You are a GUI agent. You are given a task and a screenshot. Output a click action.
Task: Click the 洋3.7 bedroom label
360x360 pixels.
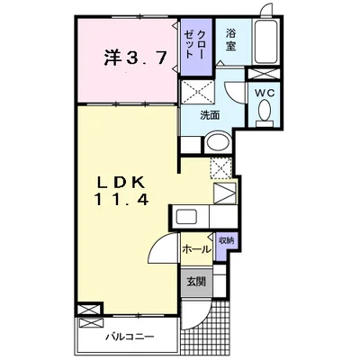click(x=136, y=58)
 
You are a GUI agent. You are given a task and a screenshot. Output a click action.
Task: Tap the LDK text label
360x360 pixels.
click(x=122, y=183)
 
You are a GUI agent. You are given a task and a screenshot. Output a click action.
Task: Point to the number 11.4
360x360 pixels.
click(x=121, y=200)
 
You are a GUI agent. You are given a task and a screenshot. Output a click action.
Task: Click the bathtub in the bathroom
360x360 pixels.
click(x=265, y=41)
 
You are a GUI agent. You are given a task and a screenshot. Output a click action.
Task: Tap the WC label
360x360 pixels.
click(x=265, y=94)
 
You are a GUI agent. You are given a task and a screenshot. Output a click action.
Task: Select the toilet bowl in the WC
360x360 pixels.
click(x=265, y=110)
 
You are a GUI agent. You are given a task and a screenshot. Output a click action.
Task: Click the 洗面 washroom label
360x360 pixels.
click(x=210, y=115)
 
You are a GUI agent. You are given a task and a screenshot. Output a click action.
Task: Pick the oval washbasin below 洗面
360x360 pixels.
click(x=219, y=142)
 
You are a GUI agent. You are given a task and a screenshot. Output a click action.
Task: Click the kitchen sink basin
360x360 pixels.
click(x=187, y=217)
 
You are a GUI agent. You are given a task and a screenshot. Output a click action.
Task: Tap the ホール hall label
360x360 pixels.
click(x=197, y=248)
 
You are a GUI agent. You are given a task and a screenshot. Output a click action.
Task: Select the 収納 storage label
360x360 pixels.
click(x=227, y=240)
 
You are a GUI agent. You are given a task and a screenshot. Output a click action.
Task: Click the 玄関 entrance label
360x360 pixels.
click(x=196, y=282)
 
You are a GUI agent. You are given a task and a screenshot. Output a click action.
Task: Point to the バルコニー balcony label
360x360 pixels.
click(x=130, y=337)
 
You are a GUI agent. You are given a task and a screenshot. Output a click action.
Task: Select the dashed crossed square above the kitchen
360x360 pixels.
click(x=220, y=168)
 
